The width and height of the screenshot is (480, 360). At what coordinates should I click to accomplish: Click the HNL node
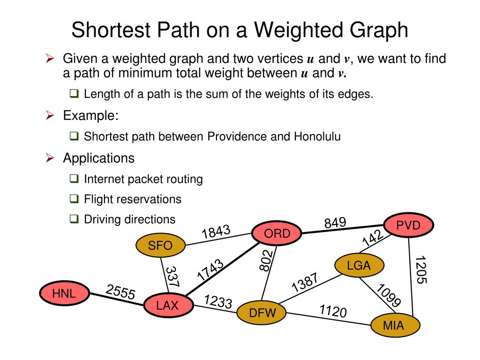(64, 294)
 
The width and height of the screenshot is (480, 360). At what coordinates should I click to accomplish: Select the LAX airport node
(167, 306)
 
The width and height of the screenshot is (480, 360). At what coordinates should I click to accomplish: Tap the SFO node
(160, 245)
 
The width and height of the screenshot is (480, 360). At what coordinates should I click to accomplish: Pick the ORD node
(277, 233)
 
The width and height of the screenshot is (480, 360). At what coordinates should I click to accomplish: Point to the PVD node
(408, 225)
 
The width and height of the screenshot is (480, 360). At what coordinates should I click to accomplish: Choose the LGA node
(359, 266)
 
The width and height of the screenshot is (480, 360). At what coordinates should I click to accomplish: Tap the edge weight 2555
(120, 293)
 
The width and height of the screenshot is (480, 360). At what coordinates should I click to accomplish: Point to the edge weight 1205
(421, 270)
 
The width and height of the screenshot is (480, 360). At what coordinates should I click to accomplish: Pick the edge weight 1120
(333, 310)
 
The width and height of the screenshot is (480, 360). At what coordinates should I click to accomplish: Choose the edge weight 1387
(305, 282)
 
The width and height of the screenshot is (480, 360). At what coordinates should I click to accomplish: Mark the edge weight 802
(266, 260)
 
